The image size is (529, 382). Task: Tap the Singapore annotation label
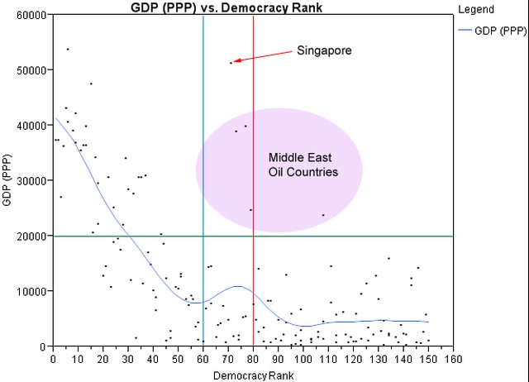tap(324, 50)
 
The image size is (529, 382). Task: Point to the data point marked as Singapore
tap(231, 62)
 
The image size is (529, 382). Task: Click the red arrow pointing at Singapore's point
tap(263, 56)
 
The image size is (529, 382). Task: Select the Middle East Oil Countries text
tap(303, 165)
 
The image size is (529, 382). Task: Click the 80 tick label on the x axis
tap(253, 360)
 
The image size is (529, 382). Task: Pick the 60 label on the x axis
tap(203, 360)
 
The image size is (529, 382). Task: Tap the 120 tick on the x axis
tap(353, 360)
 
